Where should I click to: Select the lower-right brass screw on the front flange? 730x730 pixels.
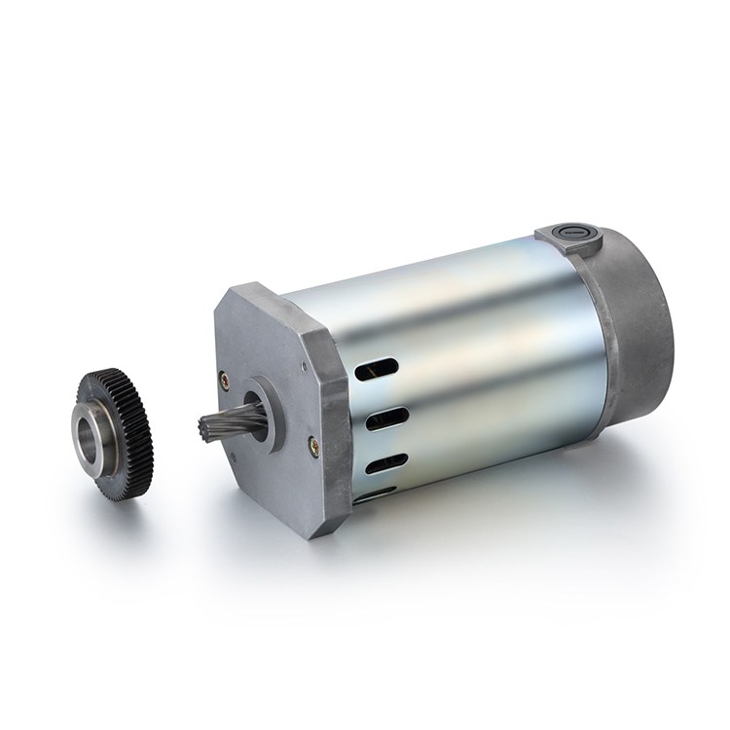(313, 445)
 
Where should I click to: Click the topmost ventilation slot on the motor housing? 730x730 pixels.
(378, 370)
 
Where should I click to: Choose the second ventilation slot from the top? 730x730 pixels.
(384, 419)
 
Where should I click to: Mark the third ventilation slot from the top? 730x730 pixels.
(386, 463)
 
